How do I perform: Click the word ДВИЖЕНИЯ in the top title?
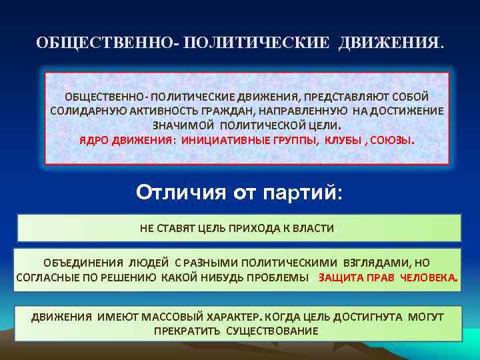pyautogui.click(x=389, y=43)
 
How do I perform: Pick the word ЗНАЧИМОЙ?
pyautogui.click(x=181, y=125)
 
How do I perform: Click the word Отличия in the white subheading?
pyautogui.click(x=179, y=193)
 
